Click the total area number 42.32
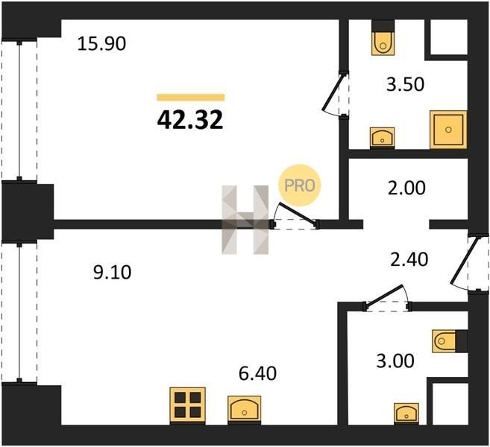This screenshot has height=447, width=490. tap(190, 120)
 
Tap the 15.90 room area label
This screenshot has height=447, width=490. tap(101, 44)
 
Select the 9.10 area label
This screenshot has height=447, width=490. tap(113, 272)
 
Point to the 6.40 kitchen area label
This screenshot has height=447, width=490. tap(257, 374)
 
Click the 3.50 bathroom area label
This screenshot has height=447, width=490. tap(405, 84)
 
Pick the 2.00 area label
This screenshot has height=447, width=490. tap(406, 188)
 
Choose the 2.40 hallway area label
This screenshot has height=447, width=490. tap(409, 260)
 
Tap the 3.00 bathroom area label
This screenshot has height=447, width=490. tap(395, 361)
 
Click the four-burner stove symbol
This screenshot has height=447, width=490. tap(187, 405)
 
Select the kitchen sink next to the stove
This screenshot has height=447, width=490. tap(245, 409)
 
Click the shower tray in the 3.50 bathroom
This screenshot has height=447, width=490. tap(448, 129)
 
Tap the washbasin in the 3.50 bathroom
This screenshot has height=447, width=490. tap(382, 137)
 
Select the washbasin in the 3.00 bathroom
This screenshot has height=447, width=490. tap(406, 413)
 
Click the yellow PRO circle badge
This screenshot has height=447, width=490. tap(300, 186)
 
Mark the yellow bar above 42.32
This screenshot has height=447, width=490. tap(191, 98)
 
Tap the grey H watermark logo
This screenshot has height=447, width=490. tap(245, 220)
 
